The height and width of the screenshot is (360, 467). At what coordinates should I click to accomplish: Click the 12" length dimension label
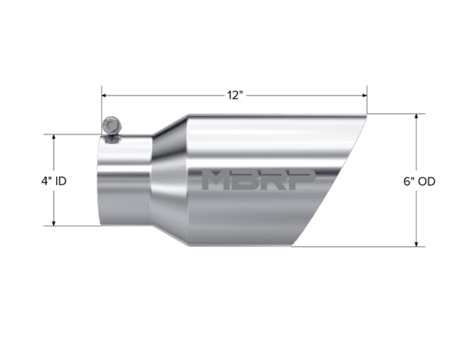(x=235, y=95)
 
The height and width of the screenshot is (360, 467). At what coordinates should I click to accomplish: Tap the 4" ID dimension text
(x=54, y=181)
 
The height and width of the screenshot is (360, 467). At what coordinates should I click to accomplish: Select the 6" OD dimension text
(x=420, y=181)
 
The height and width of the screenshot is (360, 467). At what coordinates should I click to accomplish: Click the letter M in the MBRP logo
(x=216, y=180)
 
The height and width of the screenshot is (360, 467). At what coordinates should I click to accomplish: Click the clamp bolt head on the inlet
(x=111, y=125)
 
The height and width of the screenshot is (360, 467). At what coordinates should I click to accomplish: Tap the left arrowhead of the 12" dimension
(x=104, y=95)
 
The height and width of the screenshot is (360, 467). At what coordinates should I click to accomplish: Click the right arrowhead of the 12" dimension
(x=364, y=95)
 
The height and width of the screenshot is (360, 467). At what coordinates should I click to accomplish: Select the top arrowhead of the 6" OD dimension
(x=416, y=117)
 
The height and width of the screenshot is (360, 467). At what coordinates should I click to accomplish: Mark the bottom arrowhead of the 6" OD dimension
(x=416, y=243)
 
